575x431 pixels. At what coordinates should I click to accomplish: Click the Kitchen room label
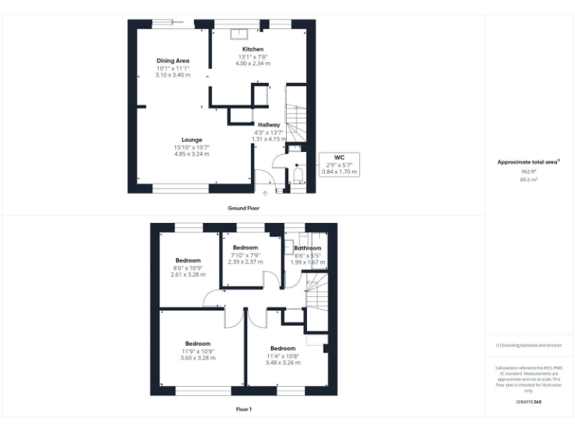tap(252, 49)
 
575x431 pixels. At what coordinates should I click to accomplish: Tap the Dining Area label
tap(172, 61)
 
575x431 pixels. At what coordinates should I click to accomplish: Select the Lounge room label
tap(192, 139)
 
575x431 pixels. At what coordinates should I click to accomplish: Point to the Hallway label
tap(269, 125)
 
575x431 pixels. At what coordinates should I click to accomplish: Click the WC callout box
tap(340, 165)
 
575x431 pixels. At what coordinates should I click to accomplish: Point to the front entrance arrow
tap(264, 194)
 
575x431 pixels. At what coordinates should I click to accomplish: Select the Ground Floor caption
tap(243, 207)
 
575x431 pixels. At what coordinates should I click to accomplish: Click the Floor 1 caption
tap(243, 409)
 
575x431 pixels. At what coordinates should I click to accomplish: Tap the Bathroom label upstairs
tap(307, 248)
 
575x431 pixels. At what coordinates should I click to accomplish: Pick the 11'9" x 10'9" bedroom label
tap(198, 344)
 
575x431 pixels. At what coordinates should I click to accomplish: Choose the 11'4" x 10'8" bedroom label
tap(283, 349)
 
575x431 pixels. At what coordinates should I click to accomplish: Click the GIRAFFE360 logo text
tap(529, 402)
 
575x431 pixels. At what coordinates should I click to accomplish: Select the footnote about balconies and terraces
tap(529, 345)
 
